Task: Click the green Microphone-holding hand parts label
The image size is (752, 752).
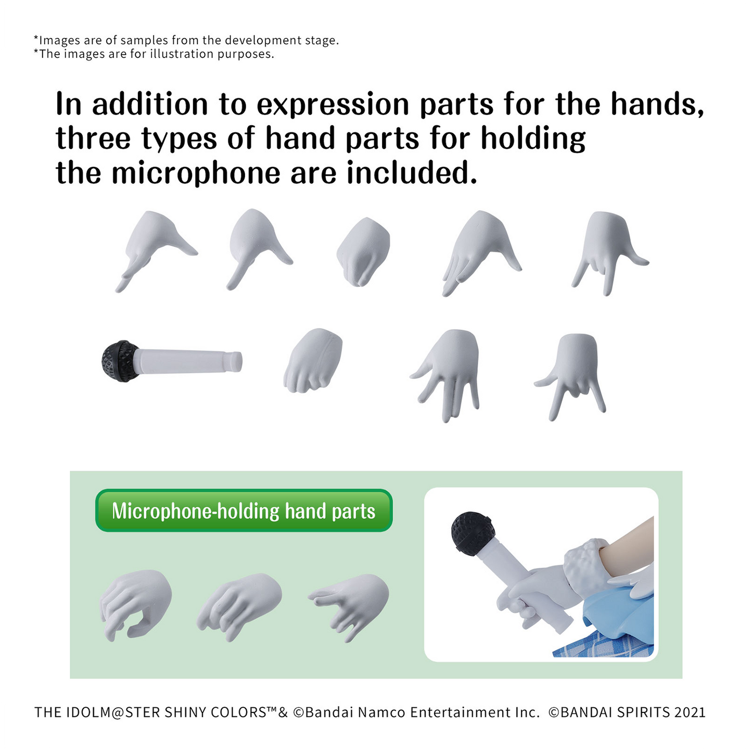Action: pyautogui.click(x=244, y=510)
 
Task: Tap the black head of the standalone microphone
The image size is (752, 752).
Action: pyautogui.click(x=120, y=361)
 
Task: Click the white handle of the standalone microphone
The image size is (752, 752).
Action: pyautogui.click(x=188, y=361)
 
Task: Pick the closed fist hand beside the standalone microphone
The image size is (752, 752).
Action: pyautogui.click(x=313, y=360)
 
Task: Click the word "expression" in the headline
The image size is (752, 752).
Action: pyautogui.click(x=333, y=105)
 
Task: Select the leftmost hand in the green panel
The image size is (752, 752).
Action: pyautogui.click(x=135, y=605)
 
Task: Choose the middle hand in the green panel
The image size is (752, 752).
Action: pyautogui.click(x=239, y=607)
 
